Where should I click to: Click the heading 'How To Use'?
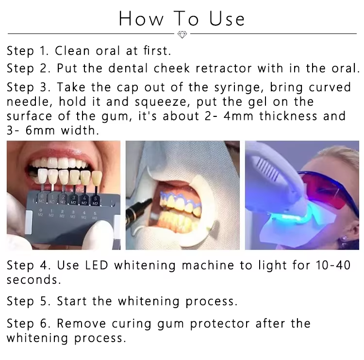pos(182,18)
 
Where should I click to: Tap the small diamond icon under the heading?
pos(182,34)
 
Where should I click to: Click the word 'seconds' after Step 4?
pos(33,280)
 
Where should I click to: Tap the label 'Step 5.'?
pos(29,301)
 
